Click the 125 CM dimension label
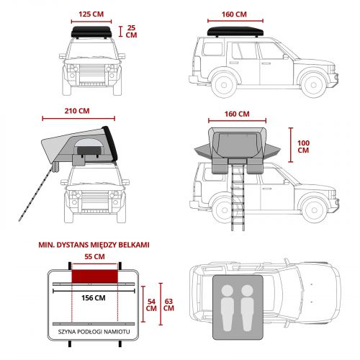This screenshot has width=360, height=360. pyautogui.click(x=91, y=14)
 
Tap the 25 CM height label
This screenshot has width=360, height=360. pyautogui.click(x=131, y=32)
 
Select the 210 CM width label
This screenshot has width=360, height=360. pyautogui.click(x=77, y=111)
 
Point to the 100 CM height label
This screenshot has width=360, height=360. pyautogui.click(x=303, y=146)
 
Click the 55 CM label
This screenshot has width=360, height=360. pyautogui.click(x=94, y=256)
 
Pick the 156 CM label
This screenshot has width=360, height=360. pyautogui.click(x=94, y=298)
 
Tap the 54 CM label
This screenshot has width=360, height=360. pyautogui.click(x=151, y=305)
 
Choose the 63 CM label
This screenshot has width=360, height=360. pyautogui.click(x=168, y=305)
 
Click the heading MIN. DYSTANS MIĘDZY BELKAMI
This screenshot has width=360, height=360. pyautogui.click(x=94, y=245)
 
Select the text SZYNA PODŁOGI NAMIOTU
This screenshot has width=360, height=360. pyautogui.click(x=94, y=332)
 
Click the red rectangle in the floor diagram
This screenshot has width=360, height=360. pyautogui.click(x=95, y=276)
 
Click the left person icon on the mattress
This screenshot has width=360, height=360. pyautogui.click(x=228, y=308)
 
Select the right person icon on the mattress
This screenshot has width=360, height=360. pyautogui.click(x=247, y=308)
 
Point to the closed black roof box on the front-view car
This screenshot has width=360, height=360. pyautogui.click(x=91, y=32)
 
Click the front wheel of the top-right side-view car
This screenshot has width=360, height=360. pyautogui.click(x=313, y=85)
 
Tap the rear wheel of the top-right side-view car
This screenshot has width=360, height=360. pyautogui.click(x=224, y=85)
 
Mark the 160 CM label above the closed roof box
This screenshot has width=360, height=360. pyautogui.click(x=234, y=14)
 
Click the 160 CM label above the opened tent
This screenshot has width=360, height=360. pyautogui.click(x=237, y=114)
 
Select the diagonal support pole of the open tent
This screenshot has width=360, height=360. pyautogui.click(x=35, y=194)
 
